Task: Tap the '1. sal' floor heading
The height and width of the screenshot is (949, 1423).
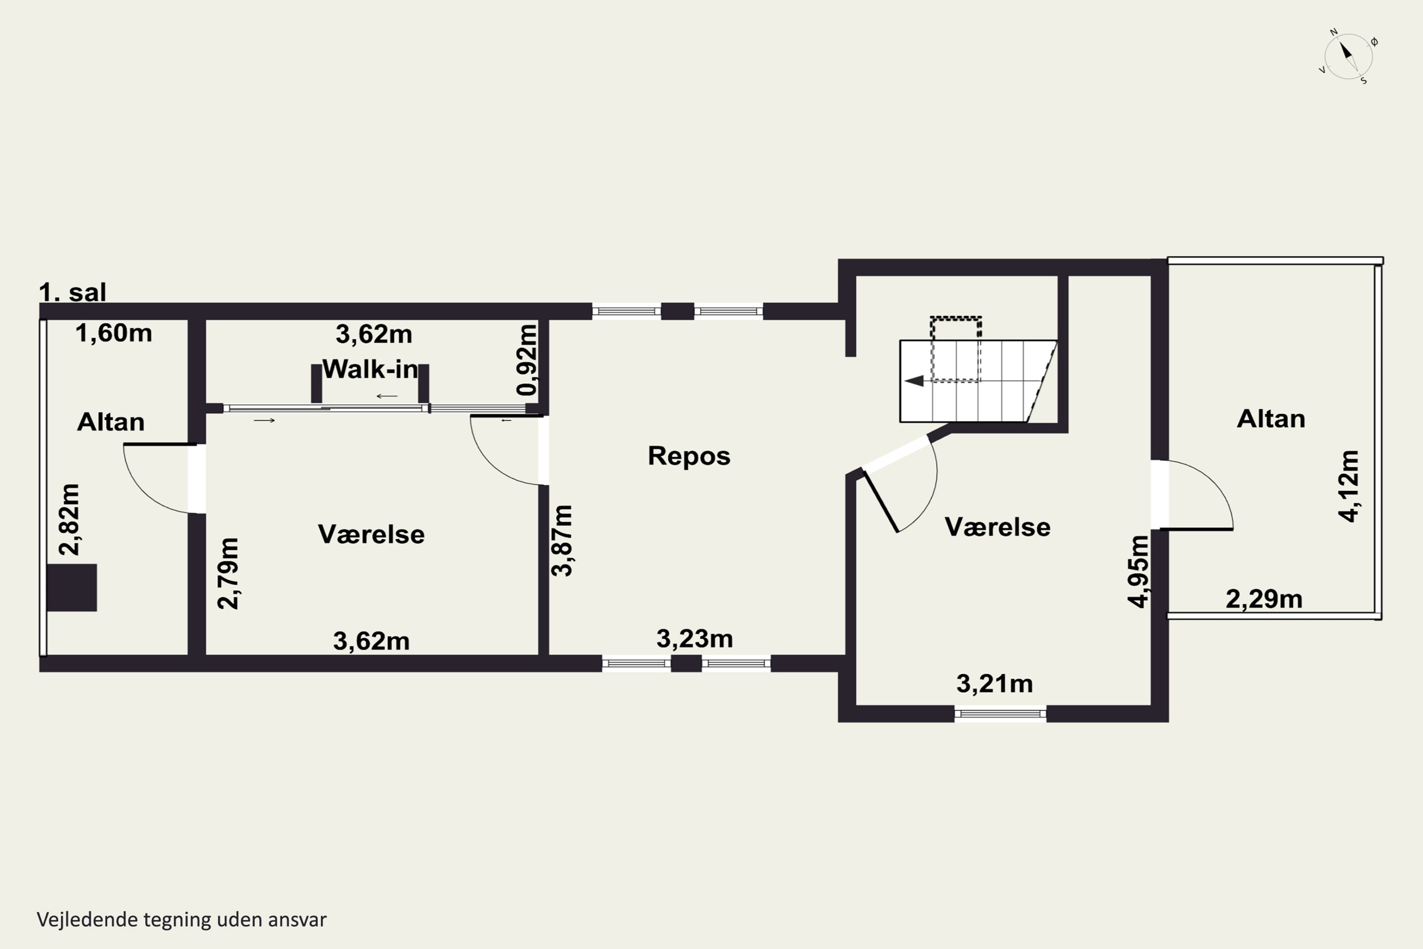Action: click(73, 292)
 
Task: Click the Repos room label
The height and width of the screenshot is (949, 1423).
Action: click(689, 456)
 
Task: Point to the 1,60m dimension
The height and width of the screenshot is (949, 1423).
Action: click(114, 334)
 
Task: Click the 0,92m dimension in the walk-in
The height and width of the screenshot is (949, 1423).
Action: click(527, 360)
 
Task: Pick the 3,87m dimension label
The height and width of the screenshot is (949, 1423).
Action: click(562, 540)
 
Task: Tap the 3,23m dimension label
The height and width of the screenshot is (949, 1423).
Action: click(694, 639)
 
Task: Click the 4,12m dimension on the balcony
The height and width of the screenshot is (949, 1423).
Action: click(1349, 486)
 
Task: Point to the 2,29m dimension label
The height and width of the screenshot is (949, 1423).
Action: click(1264, 599)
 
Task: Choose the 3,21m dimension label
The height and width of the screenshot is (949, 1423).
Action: click(995, 684)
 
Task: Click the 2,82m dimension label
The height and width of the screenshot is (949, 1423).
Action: click(69, 519)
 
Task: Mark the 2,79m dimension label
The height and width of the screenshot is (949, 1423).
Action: click(228, 573)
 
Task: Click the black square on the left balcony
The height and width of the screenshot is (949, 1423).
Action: click(72, 588)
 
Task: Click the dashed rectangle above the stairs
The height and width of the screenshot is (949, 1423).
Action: click(956, 349)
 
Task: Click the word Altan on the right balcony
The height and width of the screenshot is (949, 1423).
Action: click(1271, 419)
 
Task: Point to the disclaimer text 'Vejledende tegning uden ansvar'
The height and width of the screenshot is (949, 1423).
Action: click(182, 920)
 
